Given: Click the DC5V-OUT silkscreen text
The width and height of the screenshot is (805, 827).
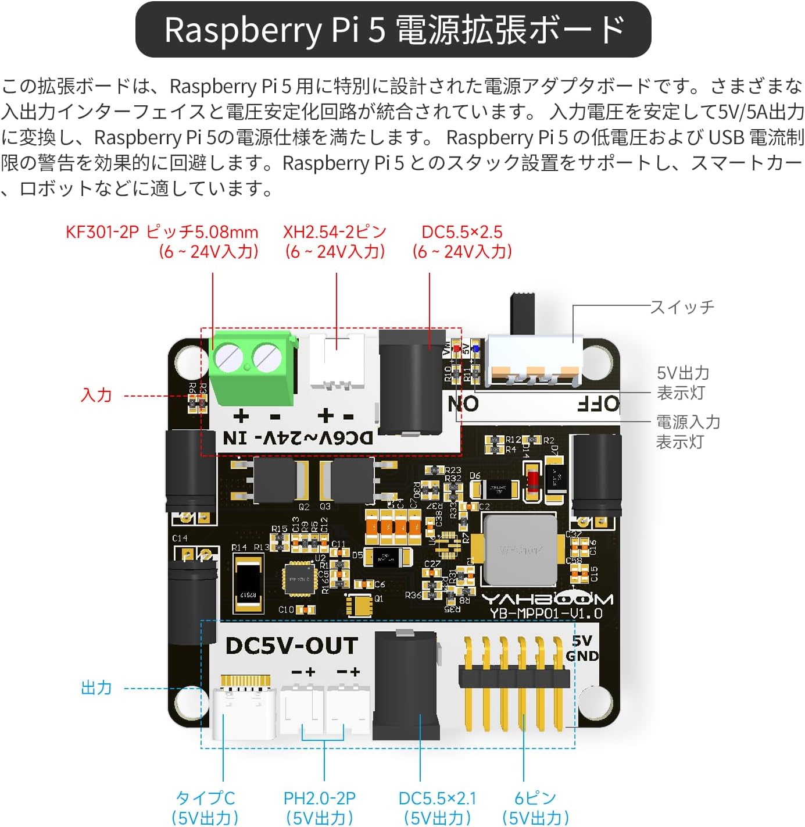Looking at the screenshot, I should pyautogui.click(x=292, y=646).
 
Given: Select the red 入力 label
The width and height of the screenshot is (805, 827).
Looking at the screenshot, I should pyautogui.click(x=96, y=395).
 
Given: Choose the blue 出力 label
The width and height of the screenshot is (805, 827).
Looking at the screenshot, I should pyautogui.click(x=96, y=688).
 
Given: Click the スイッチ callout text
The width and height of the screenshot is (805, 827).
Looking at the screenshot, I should pyautogui.click(x=682, y=306).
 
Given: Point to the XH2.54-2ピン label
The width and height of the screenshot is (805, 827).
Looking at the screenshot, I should pyautogui.click(x=335, y=232).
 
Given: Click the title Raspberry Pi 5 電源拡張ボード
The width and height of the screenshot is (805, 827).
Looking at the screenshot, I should pyautogui.click(x=393, y=30).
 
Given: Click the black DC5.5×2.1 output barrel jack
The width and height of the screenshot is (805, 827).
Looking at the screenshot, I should pyautogui.click(x=406, y=686).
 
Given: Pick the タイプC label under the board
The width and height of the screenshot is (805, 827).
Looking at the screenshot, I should pyautogui.click(x=205, y=799).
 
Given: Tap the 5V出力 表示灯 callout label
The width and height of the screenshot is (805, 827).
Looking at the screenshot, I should pyautogui.click(x=683, y=383).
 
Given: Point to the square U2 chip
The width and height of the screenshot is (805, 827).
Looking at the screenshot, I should pyautogui.click(x=300, y=579).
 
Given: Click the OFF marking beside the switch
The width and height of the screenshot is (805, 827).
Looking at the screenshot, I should pyautogui.click(x=599, y=404).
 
